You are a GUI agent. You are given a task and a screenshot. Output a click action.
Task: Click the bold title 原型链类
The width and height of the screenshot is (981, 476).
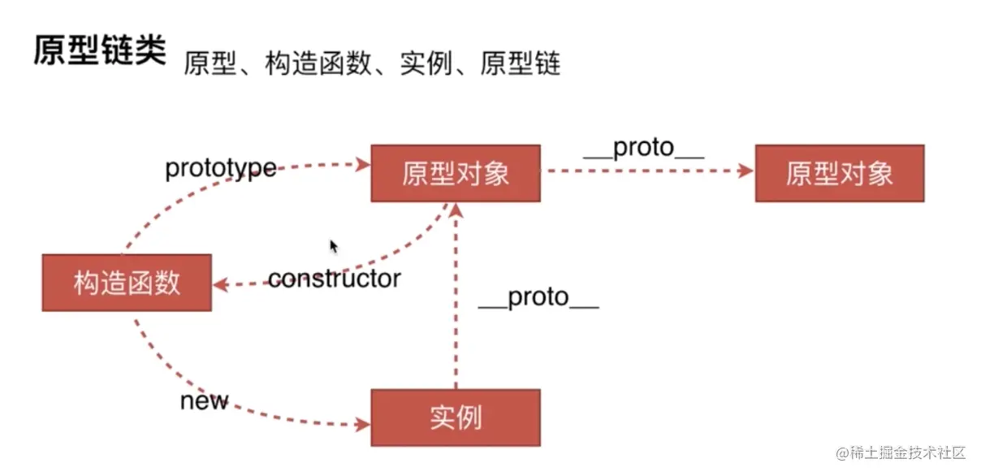pyautogui.click(x=99, y=50)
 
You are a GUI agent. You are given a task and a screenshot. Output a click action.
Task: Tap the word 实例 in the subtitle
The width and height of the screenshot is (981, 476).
pyautogui.click(x=419, y=63)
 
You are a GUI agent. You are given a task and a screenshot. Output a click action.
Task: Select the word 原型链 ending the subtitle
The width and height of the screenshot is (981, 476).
pyautogui.click(x=520, y=63)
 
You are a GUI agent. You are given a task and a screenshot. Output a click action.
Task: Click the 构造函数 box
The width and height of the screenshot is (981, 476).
pyautogui.click(x=127, y=283)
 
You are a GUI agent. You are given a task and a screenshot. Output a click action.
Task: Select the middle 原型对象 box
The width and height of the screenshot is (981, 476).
pyautogui.click(x=456, y=174)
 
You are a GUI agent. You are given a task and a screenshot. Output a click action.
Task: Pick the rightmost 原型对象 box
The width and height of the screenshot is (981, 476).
pyautogui.click(x=839, y=174)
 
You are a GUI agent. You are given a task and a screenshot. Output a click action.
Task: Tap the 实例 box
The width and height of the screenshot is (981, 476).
pyautogui.click(x=456, y=418)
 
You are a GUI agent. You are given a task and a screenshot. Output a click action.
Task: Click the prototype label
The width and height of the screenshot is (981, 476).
pyautogui.click(x=220, y=169)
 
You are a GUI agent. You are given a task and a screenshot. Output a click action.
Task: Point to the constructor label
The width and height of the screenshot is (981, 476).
pyautogui.click(x=334, y=279)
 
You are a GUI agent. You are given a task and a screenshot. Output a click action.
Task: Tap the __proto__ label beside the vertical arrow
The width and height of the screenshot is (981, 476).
pyautogui.click(x=538, y=298)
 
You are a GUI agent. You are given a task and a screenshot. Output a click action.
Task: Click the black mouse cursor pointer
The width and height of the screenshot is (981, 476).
pyautogui.click(x=333, y=246)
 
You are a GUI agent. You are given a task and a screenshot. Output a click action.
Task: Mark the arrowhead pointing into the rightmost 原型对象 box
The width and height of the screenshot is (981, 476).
pyautogui.click(x=745, y=171)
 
